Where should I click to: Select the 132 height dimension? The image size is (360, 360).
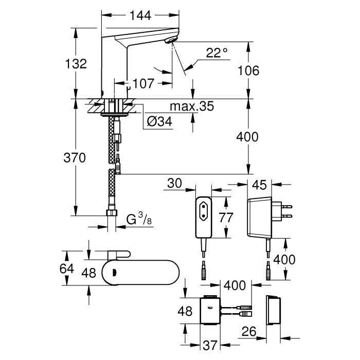click(x=76, y=63)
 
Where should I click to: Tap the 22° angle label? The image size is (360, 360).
click(x=217, y=52)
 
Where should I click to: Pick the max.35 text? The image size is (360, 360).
click(x=192, y=107)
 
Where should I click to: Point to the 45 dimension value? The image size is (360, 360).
click(x=260, y=183)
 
